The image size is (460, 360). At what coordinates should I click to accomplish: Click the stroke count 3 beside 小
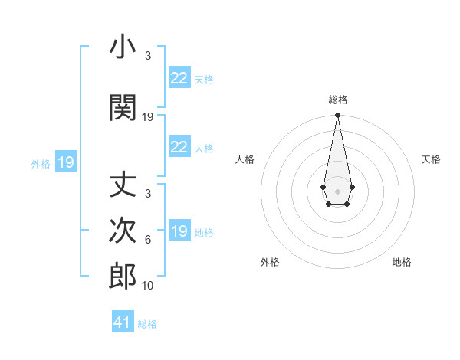click(148, 56)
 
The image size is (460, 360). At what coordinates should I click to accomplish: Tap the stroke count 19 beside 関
click(148, 116)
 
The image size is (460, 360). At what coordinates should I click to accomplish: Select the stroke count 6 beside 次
click(148, 239)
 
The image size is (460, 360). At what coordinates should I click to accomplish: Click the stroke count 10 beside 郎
click(148, 285)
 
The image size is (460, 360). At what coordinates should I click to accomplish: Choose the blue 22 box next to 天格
click(179, 78)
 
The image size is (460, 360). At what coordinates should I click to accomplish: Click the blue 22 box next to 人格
click(179, 147)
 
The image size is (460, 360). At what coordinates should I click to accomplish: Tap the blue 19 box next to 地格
click(179, 231)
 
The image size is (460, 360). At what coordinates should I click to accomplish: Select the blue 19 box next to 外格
click(65, 162)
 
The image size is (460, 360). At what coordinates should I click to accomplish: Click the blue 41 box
click(123, 322)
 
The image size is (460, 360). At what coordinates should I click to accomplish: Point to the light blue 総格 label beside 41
click(147, 324)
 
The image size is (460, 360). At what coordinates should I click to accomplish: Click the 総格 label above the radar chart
click(337, 100)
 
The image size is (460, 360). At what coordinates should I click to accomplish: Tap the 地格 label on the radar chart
click(402, 262)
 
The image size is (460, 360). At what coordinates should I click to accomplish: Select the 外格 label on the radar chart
click(270, 262)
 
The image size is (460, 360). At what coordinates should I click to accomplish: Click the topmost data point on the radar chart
click(337, 116)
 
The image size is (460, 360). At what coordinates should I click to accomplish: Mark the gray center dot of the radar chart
click(337, 190)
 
